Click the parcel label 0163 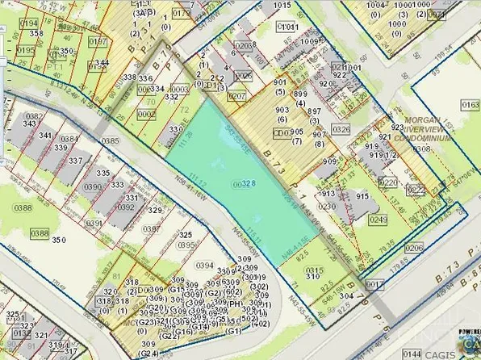coord(470,105)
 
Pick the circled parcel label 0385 coord(110,141)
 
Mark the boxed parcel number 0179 coord(182,14)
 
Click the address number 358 coord(36,33)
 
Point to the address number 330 coord(175,129)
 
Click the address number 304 coord(345,295)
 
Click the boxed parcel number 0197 coord(98,41)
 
